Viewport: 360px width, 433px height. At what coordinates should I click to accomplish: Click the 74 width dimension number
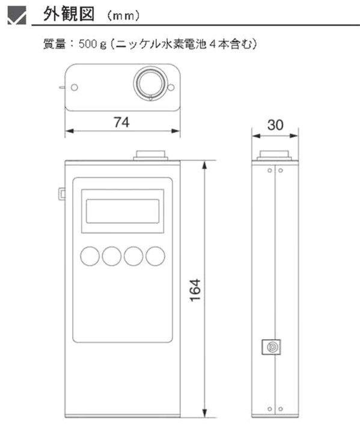[x=122, y=122]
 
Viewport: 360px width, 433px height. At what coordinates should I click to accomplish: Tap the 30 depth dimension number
[x=275, y=125]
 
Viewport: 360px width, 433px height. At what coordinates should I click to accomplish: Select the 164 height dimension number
[x=195, y=290]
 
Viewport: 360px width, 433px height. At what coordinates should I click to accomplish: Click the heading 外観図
[x=69, y=14]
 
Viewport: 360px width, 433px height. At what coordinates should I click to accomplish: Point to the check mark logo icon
[x=17, y=16]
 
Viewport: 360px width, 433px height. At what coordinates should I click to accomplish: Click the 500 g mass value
[x=92, y=44]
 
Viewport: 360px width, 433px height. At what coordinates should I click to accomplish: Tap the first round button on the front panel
[x=90, y=256]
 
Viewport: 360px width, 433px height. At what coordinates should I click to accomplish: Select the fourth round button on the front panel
[x=156, y=256]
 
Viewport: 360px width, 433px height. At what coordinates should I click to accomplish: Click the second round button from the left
[x=112, y=256]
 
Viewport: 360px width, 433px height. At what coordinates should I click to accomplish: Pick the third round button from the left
[x=133, y=256]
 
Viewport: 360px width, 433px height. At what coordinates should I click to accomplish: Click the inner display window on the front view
[x=123, y=211]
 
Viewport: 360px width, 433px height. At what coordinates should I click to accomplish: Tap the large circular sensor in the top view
[x=150, y=82]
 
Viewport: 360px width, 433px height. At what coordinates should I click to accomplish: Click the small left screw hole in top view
[x=75, y=87]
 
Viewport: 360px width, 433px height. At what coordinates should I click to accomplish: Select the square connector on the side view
[x=271, y=347]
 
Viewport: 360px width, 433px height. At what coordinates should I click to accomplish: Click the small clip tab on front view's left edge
[x=62, y=194]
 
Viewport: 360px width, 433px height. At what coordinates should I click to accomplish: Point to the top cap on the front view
[x=150, y=156]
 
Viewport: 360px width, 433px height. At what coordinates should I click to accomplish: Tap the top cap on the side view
[x=274, y=156]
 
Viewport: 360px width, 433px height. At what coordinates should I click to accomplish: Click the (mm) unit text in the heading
[x=123, y=16]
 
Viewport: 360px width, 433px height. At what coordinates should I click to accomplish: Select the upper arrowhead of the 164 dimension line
[x=204, y=165]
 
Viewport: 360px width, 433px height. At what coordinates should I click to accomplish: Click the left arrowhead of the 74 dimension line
[x=69, y=131]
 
